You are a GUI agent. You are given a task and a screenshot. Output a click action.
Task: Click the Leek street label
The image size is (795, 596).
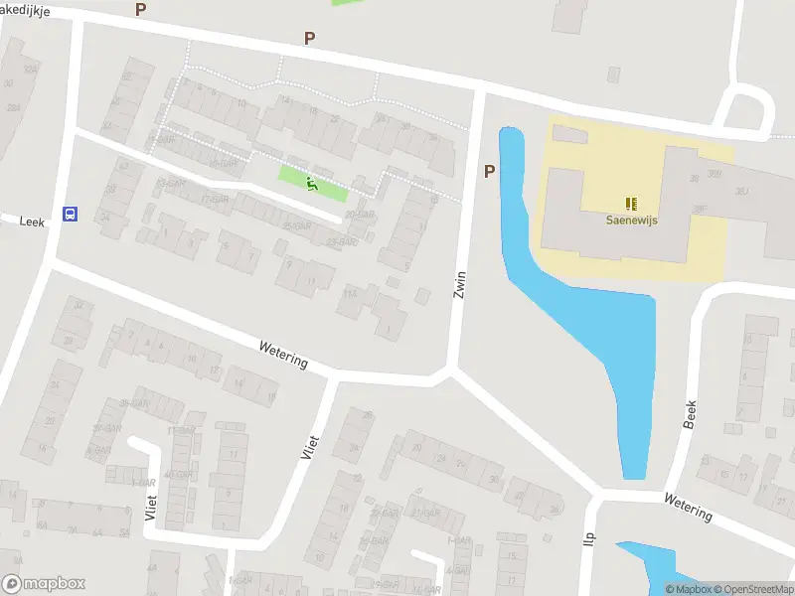(x=30, y=221)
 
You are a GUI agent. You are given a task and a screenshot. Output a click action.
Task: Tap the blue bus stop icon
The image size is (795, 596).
(x=70, y=214)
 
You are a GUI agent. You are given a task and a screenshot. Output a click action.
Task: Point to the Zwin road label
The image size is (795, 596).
(x=459, y=285)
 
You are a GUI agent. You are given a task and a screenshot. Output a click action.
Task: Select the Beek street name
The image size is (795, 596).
(x=691, y=414)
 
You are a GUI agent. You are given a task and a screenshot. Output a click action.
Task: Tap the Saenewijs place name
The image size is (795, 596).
(x=631, y=221)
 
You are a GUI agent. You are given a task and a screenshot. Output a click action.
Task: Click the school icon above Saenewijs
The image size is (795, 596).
(x=631, y=204)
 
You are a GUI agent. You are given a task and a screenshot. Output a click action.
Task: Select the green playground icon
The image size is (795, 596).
(x=312, y=184)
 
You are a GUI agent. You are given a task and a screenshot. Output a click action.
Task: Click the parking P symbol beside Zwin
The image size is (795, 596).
(x=489, y=172)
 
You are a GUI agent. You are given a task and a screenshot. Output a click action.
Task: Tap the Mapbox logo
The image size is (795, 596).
(x=44, y=584)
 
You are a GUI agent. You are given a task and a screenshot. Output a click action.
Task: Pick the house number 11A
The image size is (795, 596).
(x=349, y=294)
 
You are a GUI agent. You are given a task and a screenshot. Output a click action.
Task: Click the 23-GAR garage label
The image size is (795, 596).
(x=341, y=241)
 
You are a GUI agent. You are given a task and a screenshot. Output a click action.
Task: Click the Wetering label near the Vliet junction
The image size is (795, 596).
(x=283, y=356)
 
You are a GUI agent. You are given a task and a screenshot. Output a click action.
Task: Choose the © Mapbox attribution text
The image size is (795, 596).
(x=688, y=589)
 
